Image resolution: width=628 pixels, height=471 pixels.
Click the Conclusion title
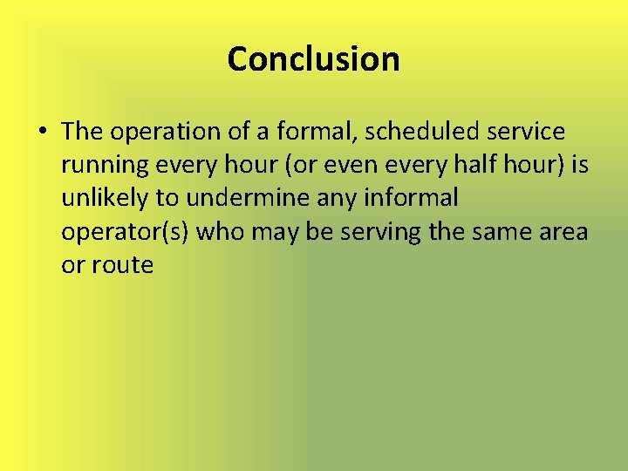[313, 59]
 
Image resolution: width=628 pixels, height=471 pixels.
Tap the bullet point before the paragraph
[42, 133]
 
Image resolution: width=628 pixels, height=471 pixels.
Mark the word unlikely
[105, 199]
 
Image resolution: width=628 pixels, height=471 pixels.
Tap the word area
[563, 232]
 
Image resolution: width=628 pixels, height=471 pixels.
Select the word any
[335, 199]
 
